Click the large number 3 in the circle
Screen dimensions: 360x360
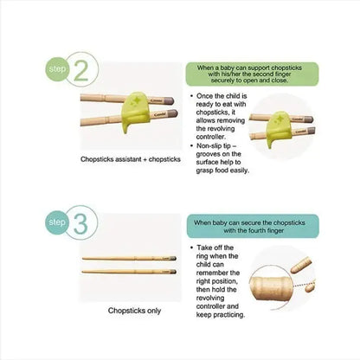point(80,223)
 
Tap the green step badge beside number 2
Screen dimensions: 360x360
point(58,69)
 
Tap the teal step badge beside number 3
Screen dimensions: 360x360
point(57,222)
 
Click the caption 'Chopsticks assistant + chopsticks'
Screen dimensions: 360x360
point(131,159)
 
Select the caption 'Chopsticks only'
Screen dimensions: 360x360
point(134,311)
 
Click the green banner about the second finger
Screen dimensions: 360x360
point(252,74)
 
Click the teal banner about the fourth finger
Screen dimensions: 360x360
point(253,227)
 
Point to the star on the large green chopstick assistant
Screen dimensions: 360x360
point(135,100)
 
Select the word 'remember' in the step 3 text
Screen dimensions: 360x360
point(218,273)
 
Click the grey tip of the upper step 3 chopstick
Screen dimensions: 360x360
point(173,258)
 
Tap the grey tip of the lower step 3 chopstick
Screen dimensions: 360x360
point(173,272)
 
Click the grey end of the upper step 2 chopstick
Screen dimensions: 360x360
point(169,100)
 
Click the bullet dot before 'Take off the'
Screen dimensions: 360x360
point(191,247)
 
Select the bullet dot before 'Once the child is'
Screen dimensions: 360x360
point(191,96)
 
